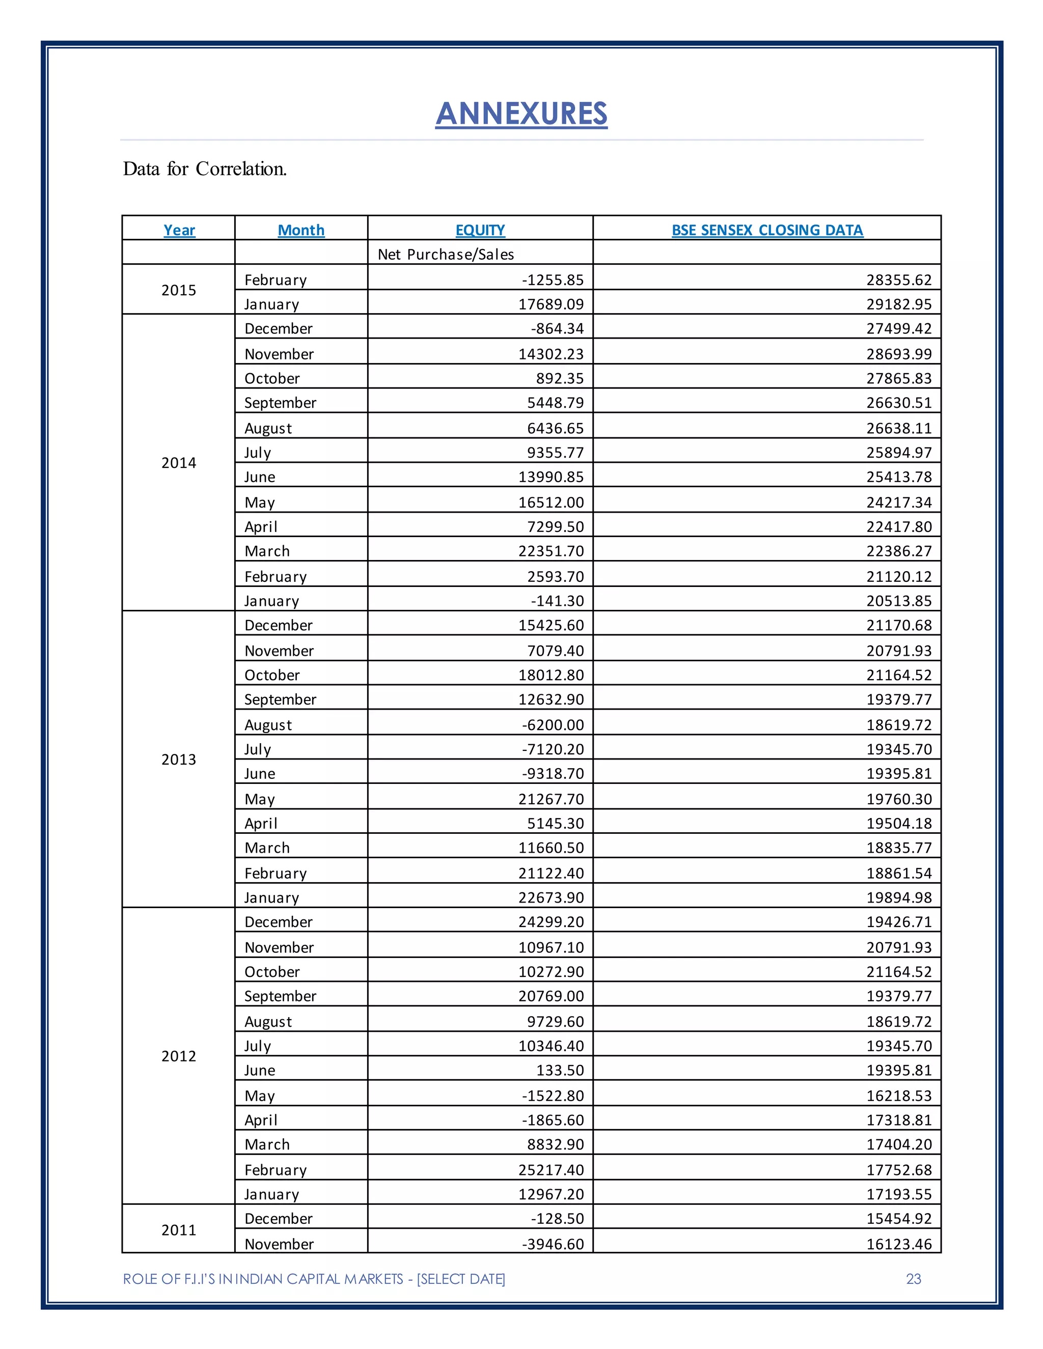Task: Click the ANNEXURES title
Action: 521,114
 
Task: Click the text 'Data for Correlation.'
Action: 205,168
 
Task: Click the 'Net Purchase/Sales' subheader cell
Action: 446,254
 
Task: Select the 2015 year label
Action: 179,290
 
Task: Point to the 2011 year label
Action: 179,1230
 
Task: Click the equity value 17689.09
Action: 551,304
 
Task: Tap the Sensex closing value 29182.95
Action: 898,304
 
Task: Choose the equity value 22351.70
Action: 551,551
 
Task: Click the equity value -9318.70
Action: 553,773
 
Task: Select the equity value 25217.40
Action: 551,1169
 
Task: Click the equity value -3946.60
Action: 553,1244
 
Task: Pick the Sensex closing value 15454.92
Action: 898,1218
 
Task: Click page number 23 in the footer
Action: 913,1279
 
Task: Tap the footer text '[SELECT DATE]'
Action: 461,1279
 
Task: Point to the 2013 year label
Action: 179,759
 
